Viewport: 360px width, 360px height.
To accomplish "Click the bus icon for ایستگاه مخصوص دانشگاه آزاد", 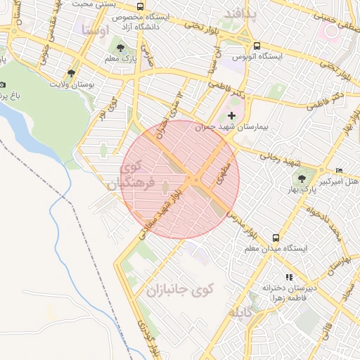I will (x=141, y=7).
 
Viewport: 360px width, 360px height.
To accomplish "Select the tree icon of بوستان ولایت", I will (x=71, y=73).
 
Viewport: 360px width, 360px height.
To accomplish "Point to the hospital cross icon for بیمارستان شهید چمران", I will (x=232, y=115).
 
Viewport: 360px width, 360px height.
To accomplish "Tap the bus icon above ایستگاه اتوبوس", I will (x=257, y=44).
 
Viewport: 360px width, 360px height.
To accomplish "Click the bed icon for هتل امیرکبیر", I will (x=340, y=171).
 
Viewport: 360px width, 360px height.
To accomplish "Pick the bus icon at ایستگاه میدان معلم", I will (x=276, y=238).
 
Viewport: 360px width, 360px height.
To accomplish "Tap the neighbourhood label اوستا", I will (x=96, y=30).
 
